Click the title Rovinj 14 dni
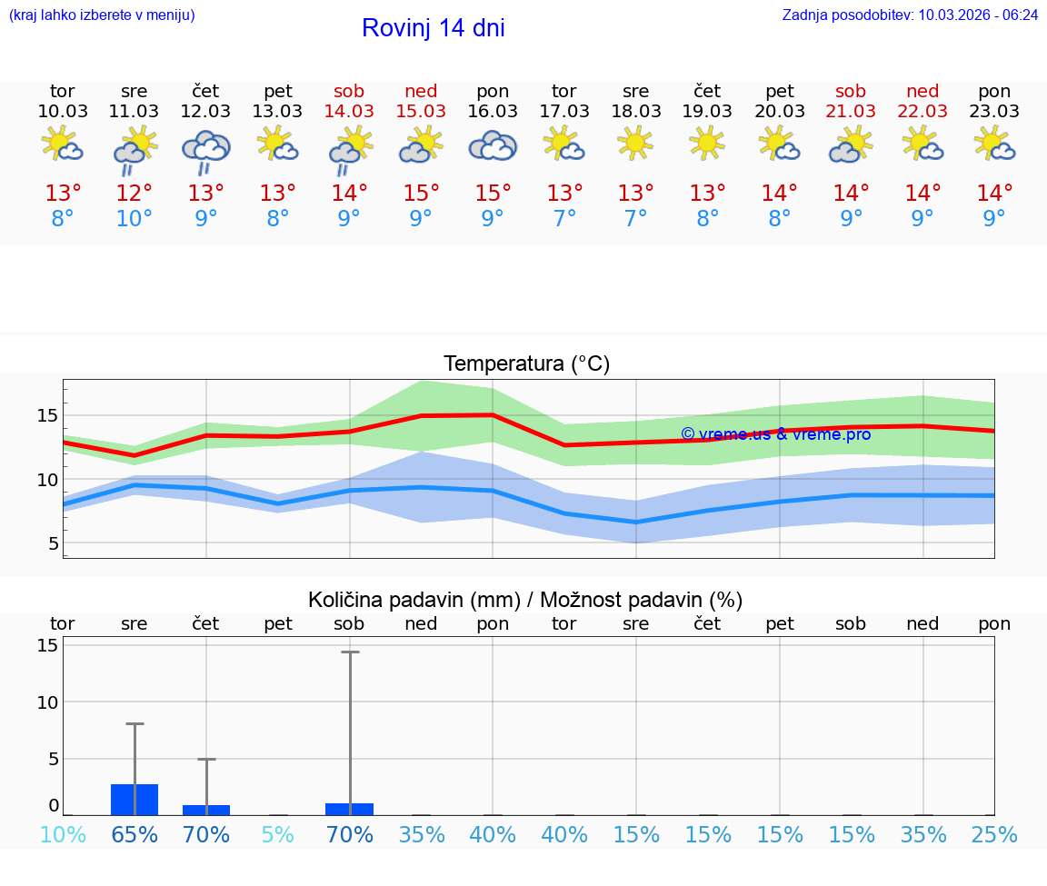(x=433, y=28)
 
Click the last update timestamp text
(x=910, y=15)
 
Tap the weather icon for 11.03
(x=135, y=148)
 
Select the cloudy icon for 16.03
(x=493, y=146)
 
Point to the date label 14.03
(x=349, y=111)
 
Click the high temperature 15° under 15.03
(x=421, y=194)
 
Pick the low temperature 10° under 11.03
(x=135, y=219)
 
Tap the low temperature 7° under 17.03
(x=564, y=219)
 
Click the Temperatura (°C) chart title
(x=526, y=364)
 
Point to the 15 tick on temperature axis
(x=47, y=415)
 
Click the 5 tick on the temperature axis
(x=53, y=543)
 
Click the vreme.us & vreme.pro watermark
(x=775, y=434)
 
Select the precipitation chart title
(x=525, y=600)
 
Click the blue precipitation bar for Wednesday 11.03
(x=135, y=800)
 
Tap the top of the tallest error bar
(x=350, y=652)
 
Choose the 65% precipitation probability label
(x=135, y=834)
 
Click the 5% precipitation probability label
(x=277, y=834)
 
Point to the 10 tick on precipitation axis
(x=47, y=702)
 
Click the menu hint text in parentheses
(x=102, y=15)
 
